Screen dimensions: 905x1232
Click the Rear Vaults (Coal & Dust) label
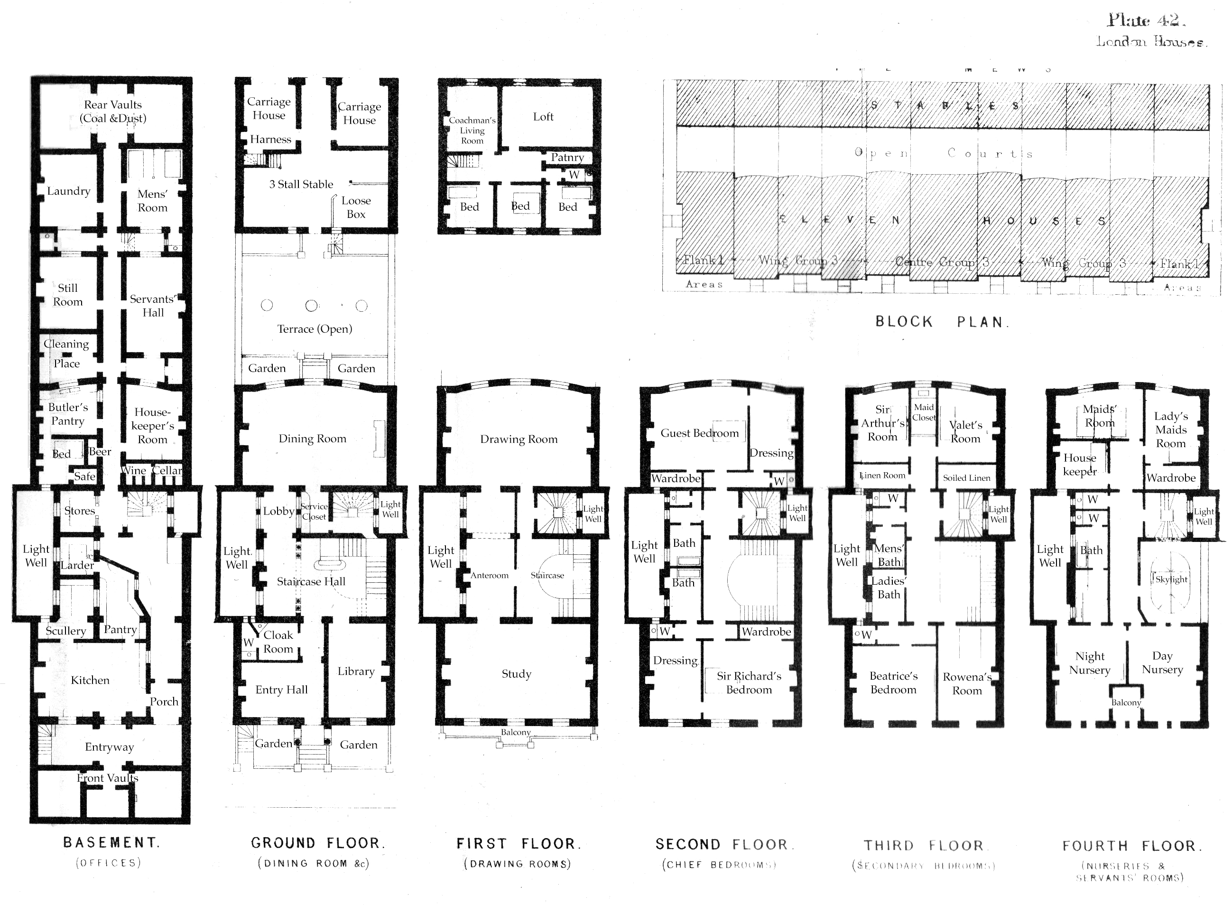point(113,111)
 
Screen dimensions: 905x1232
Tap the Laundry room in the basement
point(68,191)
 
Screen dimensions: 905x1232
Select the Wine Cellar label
point(152,471)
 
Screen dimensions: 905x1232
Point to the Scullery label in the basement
point(66,631)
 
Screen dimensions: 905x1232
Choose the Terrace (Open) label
point(315,329)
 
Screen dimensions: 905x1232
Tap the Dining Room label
point(312,438)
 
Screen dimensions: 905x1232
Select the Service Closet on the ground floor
point(315,512)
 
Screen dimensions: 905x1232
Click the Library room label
point(356,671)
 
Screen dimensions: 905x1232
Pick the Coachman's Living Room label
point(472,131)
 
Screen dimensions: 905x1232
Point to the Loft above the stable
point(543,117)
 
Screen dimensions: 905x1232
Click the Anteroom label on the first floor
point(490,575)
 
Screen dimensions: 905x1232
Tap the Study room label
point(516,674)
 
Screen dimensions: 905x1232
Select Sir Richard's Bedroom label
point(749,682)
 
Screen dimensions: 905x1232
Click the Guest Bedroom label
point(699,433)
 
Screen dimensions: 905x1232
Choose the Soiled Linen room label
point(966,478)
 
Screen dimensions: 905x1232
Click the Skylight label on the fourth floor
point(1171,579)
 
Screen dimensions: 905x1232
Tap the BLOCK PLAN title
point(941,322)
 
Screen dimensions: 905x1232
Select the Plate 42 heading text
point(1146,20)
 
